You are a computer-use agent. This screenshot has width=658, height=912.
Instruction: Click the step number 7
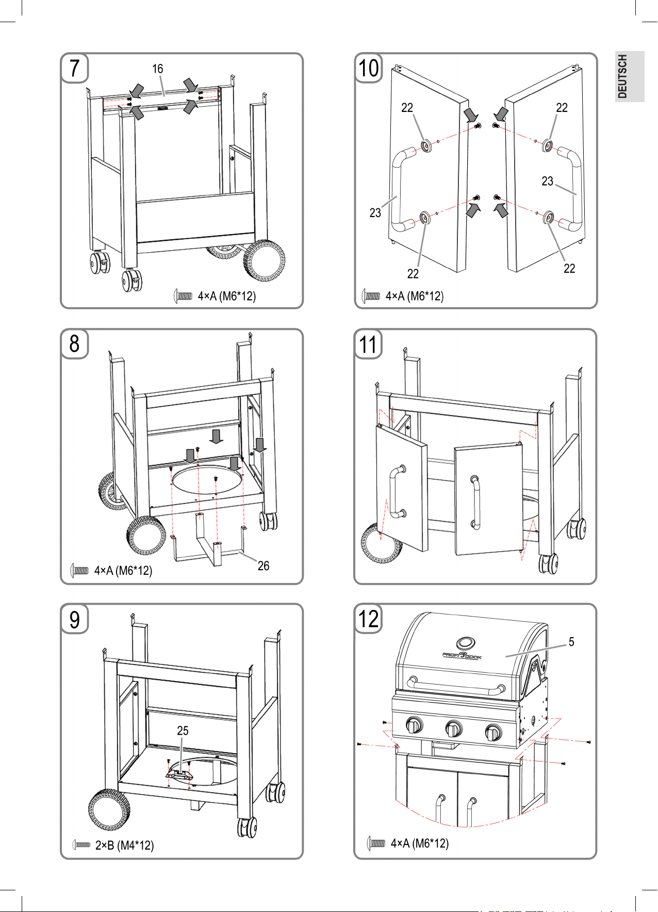75,68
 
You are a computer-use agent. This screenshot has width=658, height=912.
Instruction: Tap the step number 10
368,68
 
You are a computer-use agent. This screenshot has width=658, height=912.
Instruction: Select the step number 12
368,619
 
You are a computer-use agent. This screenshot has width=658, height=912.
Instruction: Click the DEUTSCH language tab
623,76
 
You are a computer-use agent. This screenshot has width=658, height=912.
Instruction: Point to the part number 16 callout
157,69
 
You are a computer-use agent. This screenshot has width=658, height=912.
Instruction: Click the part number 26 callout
263,566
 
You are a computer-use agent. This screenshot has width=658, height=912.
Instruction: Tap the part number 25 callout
183,731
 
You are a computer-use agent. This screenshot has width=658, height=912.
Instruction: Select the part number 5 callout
571,641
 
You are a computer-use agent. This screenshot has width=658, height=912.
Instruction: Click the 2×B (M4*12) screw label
124,845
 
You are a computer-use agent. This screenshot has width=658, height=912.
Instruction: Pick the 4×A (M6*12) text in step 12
419,843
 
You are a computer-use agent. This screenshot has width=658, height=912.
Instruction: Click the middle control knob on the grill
453,729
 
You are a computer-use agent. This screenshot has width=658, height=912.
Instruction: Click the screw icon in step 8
79,570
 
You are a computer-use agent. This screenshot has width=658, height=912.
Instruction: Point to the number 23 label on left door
375,212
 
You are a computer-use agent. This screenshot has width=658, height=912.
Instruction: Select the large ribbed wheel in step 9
109,809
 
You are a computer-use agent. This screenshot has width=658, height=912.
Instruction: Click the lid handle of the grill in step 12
456,686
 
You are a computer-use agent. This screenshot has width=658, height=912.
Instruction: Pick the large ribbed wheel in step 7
265,261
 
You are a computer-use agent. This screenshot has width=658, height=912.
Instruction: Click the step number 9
75,619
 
